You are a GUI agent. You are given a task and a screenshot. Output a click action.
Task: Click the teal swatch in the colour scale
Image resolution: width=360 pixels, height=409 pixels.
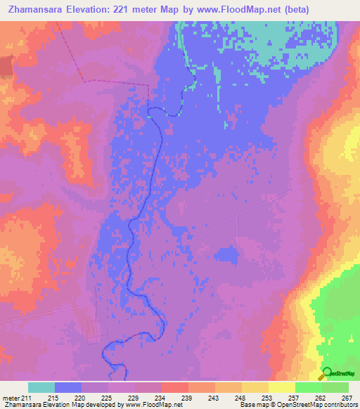pos(41,387)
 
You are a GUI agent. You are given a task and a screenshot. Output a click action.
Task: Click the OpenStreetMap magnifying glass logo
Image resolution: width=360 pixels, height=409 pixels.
pos(327,373)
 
